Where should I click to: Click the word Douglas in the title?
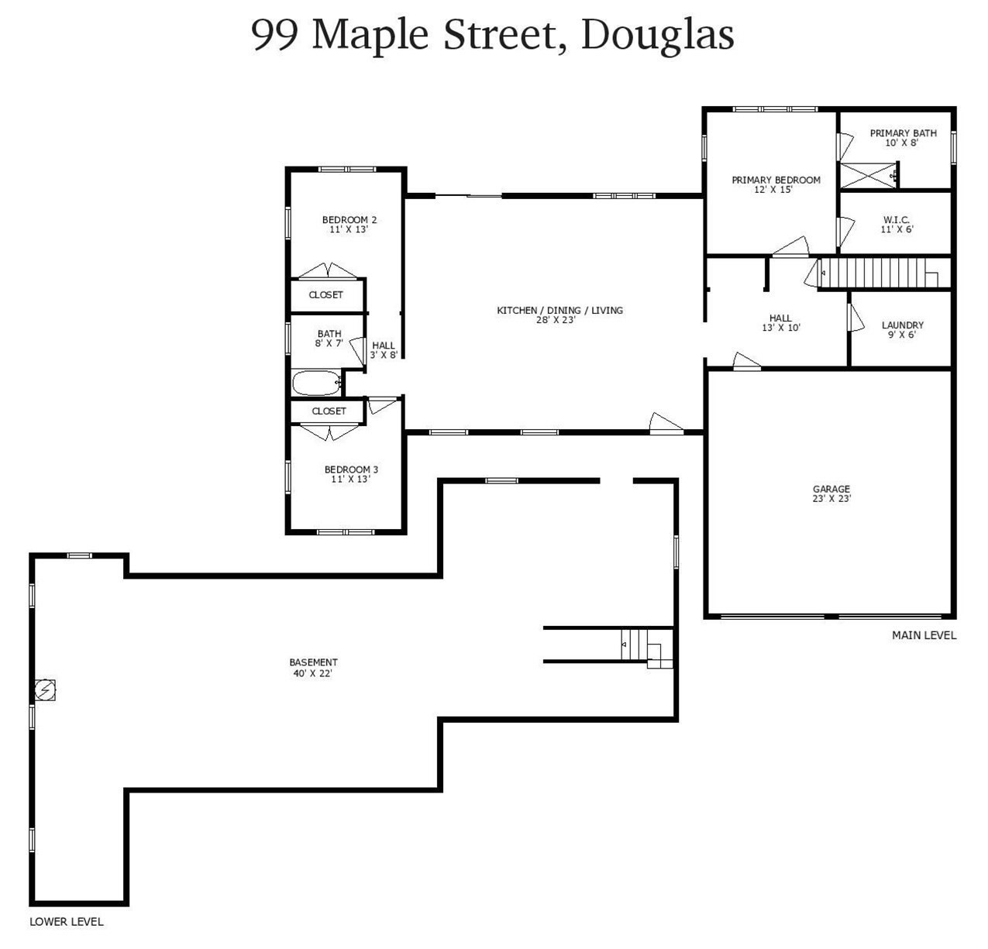tap(657, 34)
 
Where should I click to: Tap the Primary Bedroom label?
tap(776, 184)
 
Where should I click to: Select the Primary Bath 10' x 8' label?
tap(903, 138)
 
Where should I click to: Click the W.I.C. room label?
tap(897, 224)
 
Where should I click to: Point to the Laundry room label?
tap(902, 330)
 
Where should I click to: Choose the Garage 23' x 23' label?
tap(831, 493)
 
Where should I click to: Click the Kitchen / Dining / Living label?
tap(559, 315)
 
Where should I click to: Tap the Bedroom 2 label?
tap(349, 225)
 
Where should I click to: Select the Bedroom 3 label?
tap(351, 474)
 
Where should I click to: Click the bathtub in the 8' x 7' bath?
tap(316, 383)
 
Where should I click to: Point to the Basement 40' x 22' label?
tap(313, 668)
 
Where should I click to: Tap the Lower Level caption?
tap(67, 922)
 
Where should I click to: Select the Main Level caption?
tap(924, 635)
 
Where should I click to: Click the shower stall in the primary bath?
tap(869, 175)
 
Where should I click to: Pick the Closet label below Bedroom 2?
tap(325, 295)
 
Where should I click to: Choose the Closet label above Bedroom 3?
tap(329, 411)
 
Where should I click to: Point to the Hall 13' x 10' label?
tap(780, 323)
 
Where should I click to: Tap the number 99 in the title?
tap(275, 34)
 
